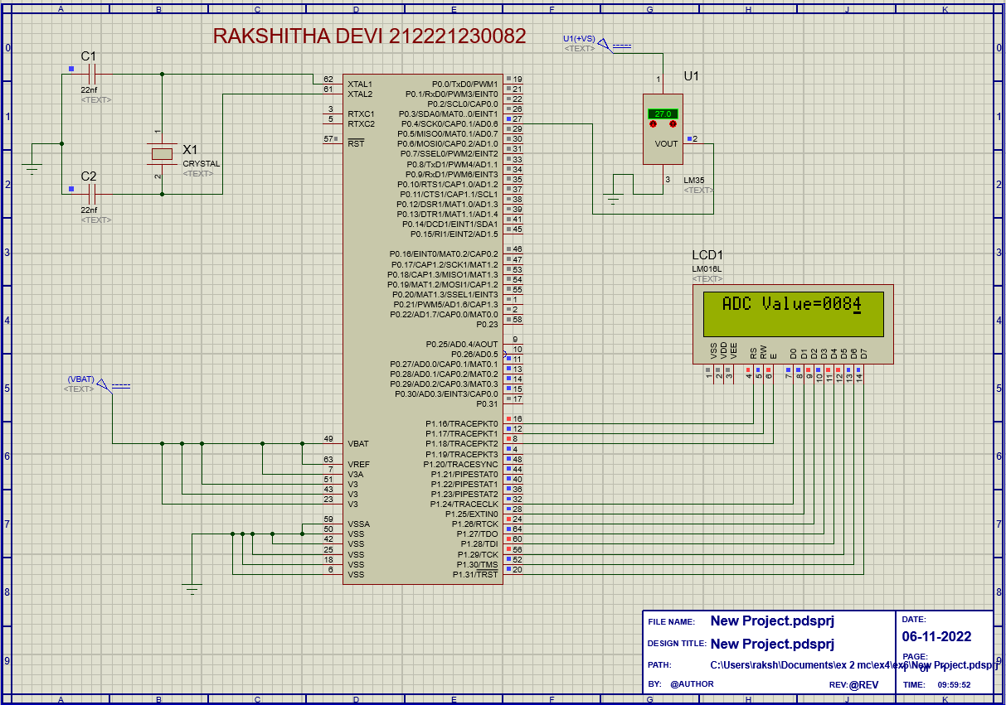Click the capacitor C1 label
pyautogui.click(x=88, y=56)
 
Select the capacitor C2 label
pyautogui.click(x=88, y=176)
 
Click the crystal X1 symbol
pyautogui.click(x=162, y=153)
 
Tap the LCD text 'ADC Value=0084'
pyautogui.click(x=792, y=304)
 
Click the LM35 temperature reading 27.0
pyautogui.click(x=663, y=113)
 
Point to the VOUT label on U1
pyautogui.click(x=666, y=143)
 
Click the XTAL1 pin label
pyautogui.click(x=360, y=85)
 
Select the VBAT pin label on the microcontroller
pyautogui.click(x=358, y=444)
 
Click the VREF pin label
pyautogui.click(x=359, y=464)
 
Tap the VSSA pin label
pyautogui.click(x=359, y=524)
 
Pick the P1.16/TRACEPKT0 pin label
pyautogui.click(x=462, y=424)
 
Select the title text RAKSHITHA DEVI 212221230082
pyautogui.click(x=369, y=36)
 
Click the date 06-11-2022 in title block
pyautogui.click(x=936, y=637)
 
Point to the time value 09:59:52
pyautogui.click(x=954, y=685)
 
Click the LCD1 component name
pyautogui.click(x=707, y=255)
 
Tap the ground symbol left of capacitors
pyautogui.click(x=32, y=169)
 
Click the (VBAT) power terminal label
pyautogui.click(x=80, y=379)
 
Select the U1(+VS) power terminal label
pyautogui.click(x=579, y=39)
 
